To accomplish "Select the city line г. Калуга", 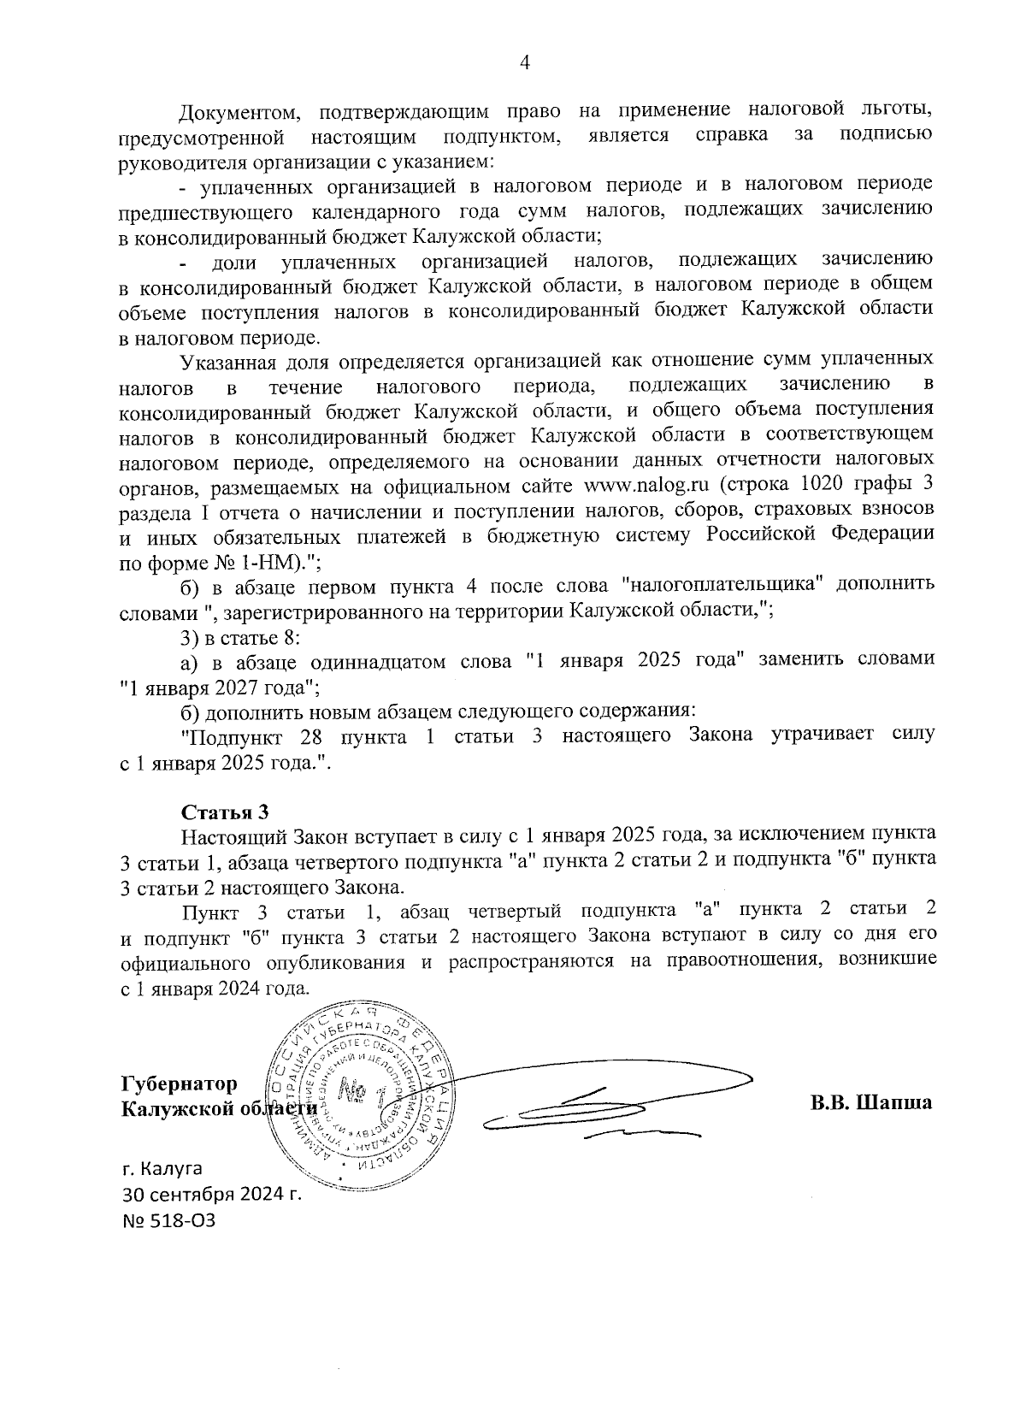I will (x=162, y=1167).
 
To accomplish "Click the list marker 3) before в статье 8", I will (x=188, y=637).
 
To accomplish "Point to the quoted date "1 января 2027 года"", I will (x=220, y=687).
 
